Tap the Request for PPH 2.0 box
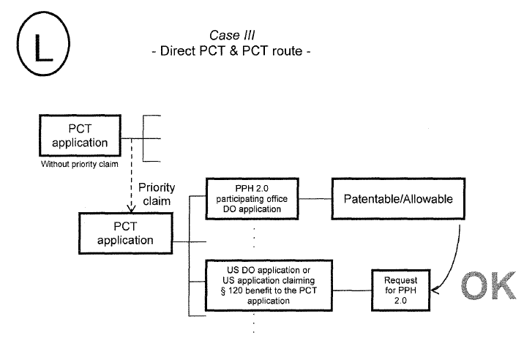[x=399, y=290]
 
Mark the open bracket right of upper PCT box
[x=151, y=138]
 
